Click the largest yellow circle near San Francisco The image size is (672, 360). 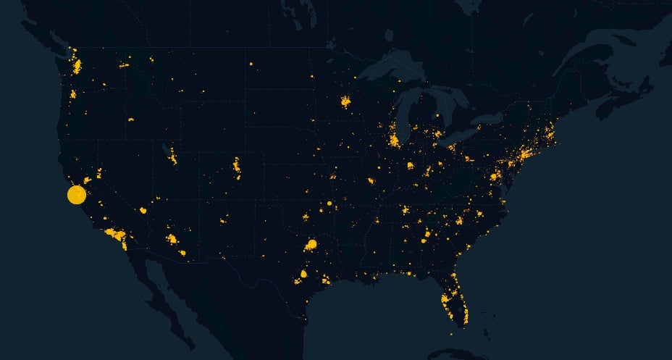tap(77, 195)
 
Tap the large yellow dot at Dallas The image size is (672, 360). tap(313, 244)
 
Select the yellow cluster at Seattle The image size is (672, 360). tap(77, 67)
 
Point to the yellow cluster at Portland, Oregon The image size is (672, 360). tap(72, 94)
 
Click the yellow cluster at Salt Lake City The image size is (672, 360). tap(172, 155)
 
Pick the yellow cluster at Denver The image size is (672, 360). tap(237, 166)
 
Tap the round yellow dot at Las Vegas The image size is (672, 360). tap(143, 210)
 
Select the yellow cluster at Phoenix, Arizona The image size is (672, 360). tap(172, 238)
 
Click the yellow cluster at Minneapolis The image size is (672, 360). tap(345, 101)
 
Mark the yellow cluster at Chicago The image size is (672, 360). tap(394, 140)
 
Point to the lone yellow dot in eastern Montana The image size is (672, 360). tap(251, 64)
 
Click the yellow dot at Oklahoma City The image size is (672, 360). tap(306, 217)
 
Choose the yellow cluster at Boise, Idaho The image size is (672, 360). tap(131, 119)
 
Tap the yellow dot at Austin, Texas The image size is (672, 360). tap(303, 274)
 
